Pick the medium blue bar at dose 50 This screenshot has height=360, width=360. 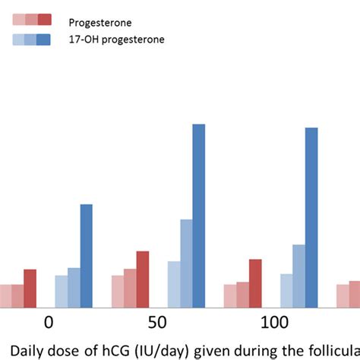point(186,263)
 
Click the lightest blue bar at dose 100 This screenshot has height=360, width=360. point(286,290)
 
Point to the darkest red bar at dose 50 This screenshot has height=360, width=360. point(143,279)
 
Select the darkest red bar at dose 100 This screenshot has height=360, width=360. point(255,283)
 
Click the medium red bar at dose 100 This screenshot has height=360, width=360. point(242,294)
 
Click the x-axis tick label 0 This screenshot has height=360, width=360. point(49,323)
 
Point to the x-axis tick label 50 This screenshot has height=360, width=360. point(157,323)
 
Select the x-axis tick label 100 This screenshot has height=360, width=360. point(274,323)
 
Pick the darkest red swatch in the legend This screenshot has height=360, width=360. point(44,20)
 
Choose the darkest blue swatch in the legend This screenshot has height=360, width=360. point(44,39)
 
